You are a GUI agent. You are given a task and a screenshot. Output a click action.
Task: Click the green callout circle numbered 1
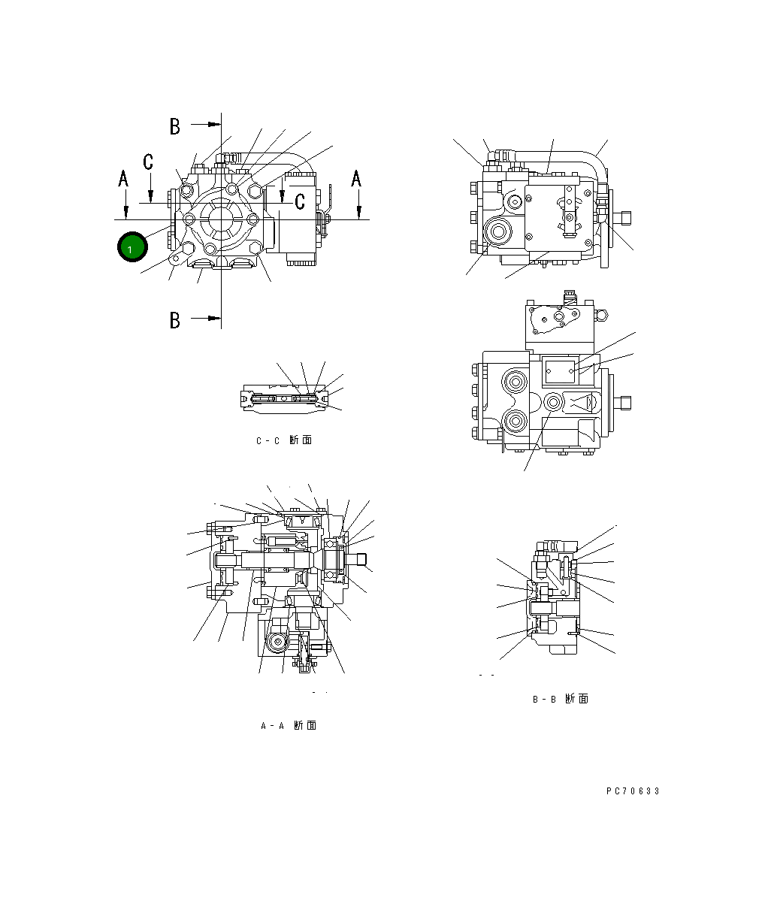click(x=132, y=247)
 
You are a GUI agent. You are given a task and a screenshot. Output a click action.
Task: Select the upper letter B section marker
click(x=174, y=126)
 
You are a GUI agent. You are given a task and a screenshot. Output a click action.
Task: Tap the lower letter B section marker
click(x=174, y=320)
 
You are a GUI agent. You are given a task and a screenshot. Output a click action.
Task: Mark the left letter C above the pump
click(x=149, y=161)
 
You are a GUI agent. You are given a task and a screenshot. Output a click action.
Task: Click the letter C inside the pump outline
click(x=300, y=201)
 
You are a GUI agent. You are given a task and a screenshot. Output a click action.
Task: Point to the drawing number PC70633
click(x=633, y=791)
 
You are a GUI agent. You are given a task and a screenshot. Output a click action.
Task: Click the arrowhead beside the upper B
click(x=214, y=124)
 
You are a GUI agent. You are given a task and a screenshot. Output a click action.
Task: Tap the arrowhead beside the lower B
click(x=214, y=319)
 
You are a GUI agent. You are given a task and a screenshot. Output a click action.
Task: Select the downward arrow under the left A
click(x=126, y=211)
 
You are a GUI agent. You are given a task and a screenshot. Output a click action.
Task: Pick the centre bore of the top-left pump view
click(x=222, y=219)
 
